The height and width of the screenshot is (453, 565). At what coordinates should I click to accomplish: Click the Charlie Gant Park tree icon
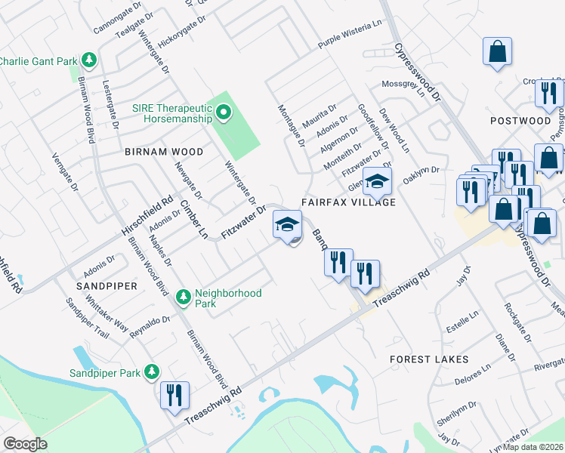click(x=89, y=60)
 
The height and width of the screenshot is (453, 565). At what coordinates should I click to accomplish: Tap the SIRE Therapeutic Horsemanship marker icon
click(x=223, y=114)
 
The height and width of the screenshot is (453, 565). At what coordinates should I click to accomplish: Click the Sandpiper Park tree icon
click(x=152, y=372)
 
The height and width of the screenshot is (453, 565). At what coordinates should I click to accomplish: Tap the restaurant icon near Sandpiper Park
click(x=174, y=395)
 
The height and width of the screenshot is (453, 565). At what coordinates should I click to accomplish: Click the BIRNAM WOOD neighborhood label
click(x=164, y=152)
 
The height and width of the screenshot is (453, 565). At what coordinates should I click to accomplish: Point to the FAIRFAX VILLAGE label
click(x=348, y=202)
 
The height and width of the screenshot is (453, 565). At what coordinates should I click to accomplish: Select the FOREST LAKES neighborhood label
click(x=429, y=359)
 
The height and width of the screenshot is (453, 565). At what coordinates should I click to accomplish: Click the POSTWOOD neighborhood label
click(x=520, y=121)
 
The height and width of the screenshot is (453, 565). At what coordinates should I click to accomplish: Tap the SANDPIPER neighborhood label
click(x=106, y=286)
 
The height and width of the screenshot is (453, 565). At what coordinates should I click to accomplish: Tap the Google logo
click(x=25, y=444)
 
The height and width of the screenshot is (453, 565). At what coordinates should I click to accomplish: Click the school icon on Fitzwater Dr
click(x=287, y=224)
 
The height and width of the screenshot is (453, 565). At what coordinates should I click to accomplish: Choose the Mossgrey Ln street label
click(x=400, y=83)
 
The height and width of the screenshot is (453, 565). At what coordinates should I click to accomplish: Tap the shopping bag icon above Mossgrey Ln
click(x=498, y=52)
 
